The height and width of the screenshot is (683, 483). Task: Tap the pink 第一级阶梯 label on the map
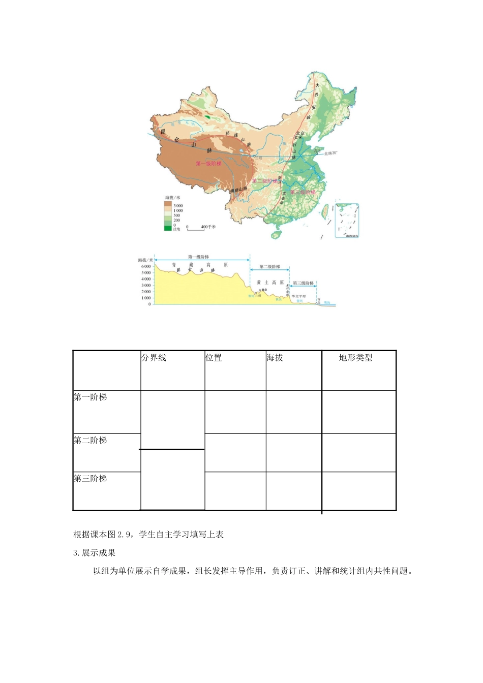[x=208, y=164]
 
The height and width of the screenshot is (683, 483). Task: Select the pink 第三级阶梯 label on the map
[x=303, y=192]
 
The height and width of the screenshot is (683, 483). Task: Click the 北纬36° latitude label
[x=330, y=152]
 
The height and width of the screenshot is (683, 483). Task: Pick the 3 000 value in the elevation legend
[x=178, y=206]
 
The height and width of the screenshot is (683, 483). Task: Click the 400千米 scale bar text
[x=208, y=227]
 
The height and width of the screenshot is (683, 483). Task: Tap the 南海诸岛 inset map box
[x=347, y=221]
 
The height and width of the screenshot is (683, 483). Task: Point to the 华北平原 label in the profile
[x=298, y=296]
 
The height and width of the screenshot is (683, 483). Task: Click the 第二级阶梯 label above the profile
[x=269, y=266]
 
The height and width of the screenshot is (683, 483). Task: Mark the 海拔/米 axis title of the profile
[x=145, y=260]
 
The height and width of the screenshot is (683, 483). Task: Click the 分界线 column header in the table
[x=154, y=358]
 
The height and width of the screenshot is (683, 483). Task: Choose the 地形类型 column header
[x=355, y=358]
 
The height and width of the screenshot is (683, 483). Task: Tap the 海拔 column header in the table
[x=275, y=358]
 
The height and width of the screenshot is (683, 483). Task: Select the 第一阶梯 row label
[x=90, y=397]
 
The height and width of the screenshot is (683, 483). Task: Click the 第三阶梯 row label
[x=90, y=479]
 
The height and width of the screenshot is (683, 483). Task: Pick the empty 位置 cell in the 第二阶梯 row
[x=235, y=452]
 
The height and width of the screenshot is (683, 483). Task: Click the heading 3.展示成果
[x=95, y=553]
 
